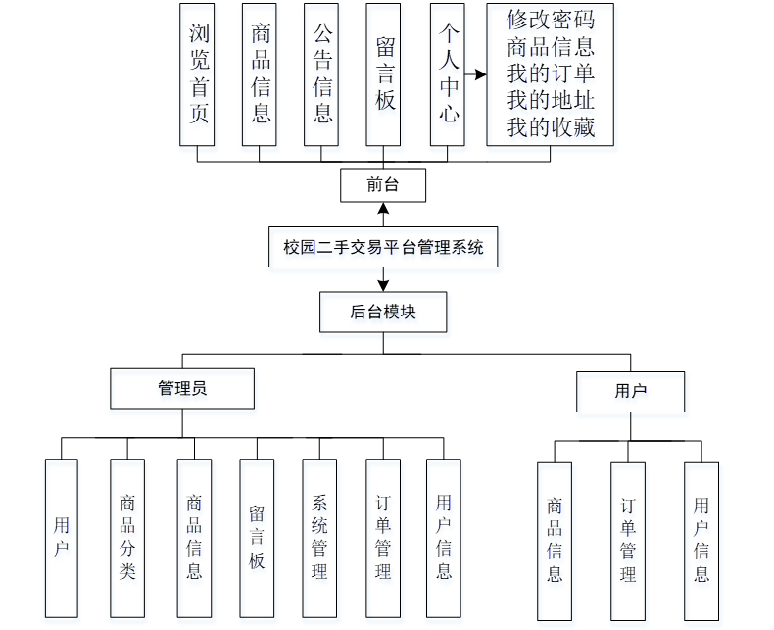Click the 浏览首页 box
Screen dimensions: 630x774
199,74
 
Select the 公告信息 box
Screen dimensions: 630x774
322,74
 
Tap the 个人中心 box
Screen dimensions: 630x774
448,74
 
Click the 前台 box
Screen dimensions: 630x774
383,184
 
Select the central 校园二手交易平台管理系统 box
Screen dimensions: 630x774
384,248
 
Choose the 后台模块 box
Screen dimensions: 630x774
383,313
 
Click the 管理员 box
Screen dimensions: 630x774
182,388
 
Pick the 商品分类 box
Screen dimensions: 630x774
127,538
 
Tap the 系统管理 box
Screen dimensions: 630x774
319,538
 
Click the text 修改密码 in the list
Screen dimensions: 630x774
550,19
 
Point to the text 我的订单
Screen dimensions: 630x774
550,73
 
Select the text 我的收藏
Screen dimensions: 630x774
550,127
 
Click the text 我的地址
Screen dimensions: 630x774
550,100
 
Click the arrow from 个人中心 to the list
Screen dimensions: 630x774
475,74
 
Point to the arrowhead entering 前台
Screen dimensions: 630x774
383,208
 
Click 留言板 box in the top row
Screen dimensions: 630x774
385,74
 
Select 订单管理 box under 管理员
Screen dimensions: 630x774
383,538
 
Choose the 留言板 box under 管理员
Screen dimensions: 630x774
257,538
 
